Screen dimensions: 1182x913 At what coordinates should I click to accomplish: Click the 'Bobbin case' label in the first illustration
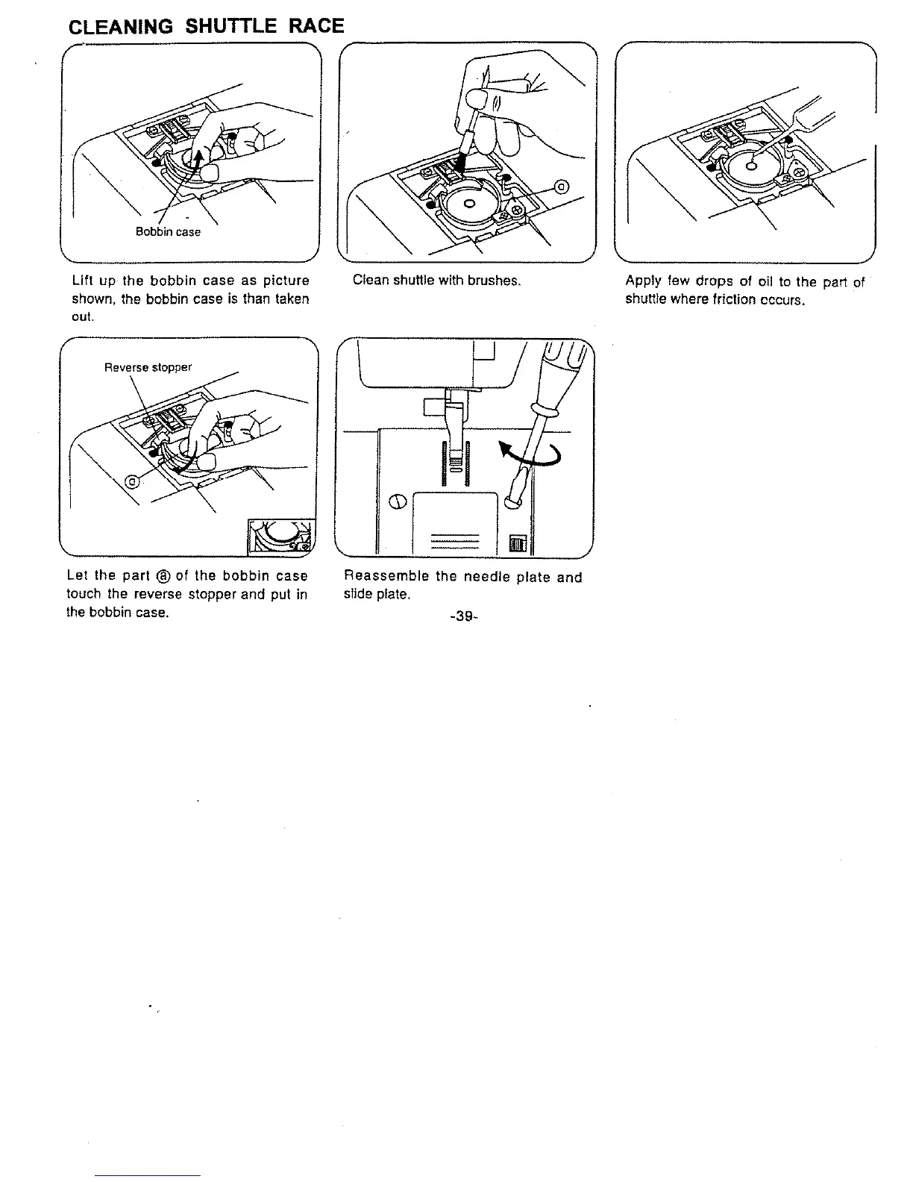click(x=168, y=231)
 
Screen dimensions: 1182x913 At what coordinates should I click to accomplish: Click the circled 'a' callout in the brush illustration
click(x=563, y=186)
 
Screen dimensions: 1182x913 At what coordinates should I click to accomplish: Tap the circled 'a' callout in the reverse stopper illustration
click(x=132, y=481)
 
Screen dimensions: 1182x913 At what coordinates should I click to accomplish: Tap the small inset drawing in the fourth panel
click(x=282, y=536)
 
